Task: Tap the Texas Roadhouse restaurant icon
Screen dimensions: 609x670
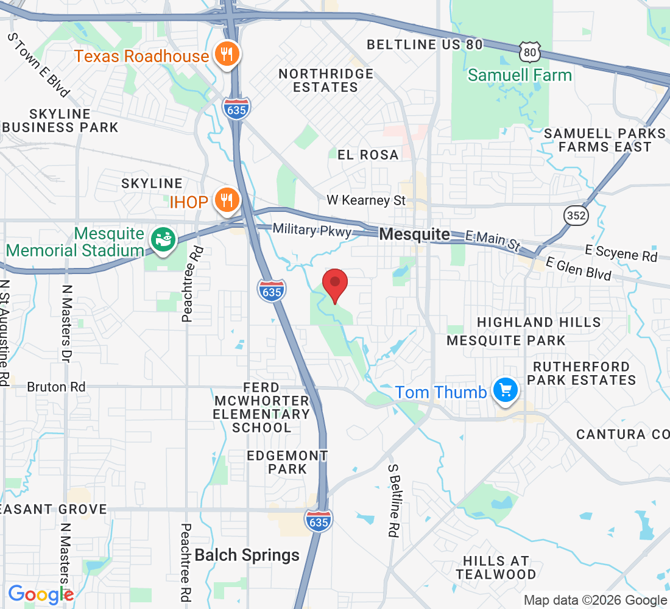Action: tap(227, 55)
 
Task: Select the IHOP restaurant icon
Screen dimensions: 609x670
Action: tap(227, 200)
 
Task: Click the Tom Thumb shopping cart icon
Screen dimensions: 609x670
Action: tap(505, 390)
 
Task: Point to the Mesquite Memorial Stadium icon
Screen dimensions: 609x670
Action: tap(163, 240)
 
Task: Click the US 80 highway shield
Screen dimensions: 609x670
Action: tap(529, 52)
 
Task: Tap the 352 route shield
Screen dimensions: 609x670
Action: tap(575, 215)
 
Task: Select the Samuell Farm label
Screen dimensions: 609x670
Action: tap(520, 76)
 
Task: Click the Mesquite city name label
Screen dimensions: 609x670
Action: tap(415, 234)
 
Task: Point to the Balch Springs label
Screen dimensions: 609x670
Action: tap(247, 555)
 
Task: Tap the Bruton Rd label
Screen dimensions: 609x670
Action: tap(56, 387)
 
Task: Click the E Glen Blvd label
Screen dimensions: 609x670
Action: tap(578, 269)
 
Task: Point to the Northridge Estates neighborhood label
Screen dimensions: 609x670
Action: tap(326, 80)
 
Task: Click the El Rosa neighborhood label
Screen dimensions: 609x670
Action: tap(368, 155)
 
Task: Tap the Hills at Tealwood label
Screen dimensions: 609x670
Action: tap(496, 567)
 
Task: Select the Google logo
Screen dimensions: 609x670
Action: tap(40, 594)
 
